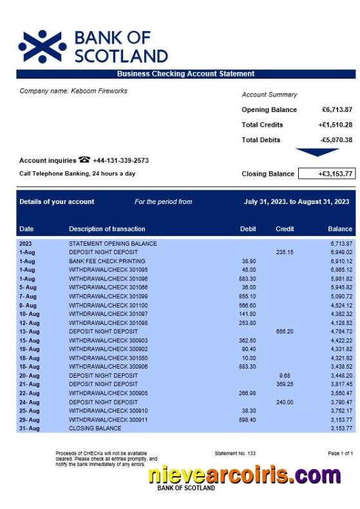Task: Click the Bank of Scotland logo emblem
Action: point(42,46)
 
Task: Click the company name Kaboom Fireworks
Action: point(73,91)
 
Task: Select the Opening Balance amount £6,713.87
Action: point(337,109)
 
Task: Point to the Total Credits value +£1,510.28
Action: point(335,125)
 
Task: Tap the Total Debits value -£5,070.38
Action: point(336,140)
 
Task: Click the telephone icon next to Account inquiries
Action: point(84,160)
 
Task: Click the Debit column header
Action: point(247,228)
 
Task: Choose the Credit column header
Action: point(285,228)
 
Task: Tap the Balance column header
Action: point(340,228)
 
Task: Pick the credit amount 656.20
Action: point(285,331)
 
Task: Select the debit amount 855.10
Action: point(247,296)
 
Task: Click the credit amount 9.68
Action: point(285,375)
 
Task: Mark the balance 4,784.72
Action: point(341,331)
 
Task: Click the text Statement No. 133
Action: point(235,454)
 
